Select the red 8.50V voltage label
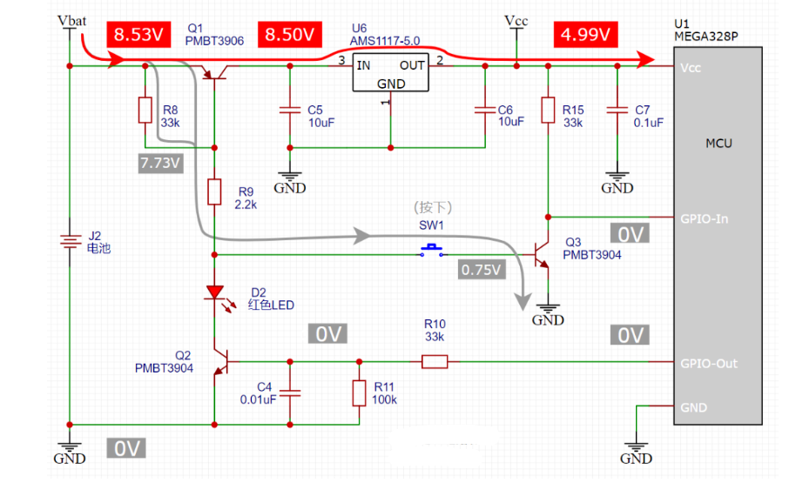289,35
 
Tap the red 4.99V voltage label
584,35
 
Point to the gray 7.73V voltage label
159,163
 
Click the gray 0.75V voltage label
482,270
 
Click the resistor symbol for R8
145,111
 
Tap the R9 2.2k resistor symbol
213,191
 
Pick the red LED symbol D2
213,294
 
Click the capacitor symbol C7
617,111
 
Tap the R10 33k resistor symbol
435,361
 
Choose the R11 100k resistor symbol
358,392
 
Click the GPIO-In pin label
703,218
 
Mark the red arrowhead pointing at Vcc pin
645,59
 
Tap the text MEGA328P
703,38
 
